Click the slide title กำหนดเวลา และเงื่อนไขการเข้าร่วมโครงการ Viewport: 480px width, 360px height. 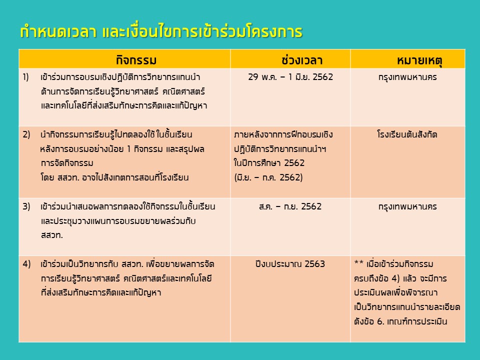[161, 31]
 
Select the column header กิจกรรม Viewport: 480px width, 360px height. [136, 60]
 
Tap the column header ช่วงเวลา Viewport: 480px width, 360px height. [302, 60]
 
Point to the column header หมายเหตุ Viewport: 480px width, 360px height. [419, 60]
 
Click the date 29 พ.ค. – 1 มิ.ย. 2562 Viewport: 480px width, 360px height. [290, 77]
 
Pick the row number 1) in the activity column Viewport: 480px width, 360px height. [25, 77]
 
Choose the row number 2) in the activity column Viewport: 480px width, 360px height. [26, 134]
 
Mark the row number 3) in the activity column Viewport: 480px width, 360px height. [26, 206]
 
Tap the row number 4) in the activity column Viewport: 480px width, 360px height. [26, 264]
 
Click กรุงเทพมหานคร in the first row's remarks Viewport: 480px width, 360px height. [407, 77]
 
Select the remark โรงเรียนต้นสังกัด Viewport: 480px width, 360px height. [407, 134]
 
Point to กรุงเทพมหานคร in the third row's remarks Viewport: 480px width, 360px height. [407, 206]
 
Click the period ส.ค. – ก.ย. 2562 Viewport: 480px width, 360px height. [290, 206]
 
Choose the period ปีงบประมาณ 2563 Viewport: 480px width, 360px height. [290, 264]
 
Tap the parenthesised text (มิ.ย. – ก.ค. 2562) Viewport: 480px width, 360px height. [268, 177]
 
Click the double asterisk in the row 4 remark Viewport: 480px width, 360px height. [359, 262]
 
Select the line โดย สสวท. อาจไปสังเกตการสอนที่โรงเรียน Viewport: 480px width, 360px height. [114, 177]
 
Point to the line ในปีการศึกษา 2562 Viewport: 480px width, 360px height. [269, 163]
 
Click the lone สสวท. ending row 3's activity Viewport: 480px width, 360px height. [51, 235]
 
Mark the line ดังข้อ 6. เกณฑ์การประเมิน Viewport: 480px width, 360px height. [400, 321]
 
